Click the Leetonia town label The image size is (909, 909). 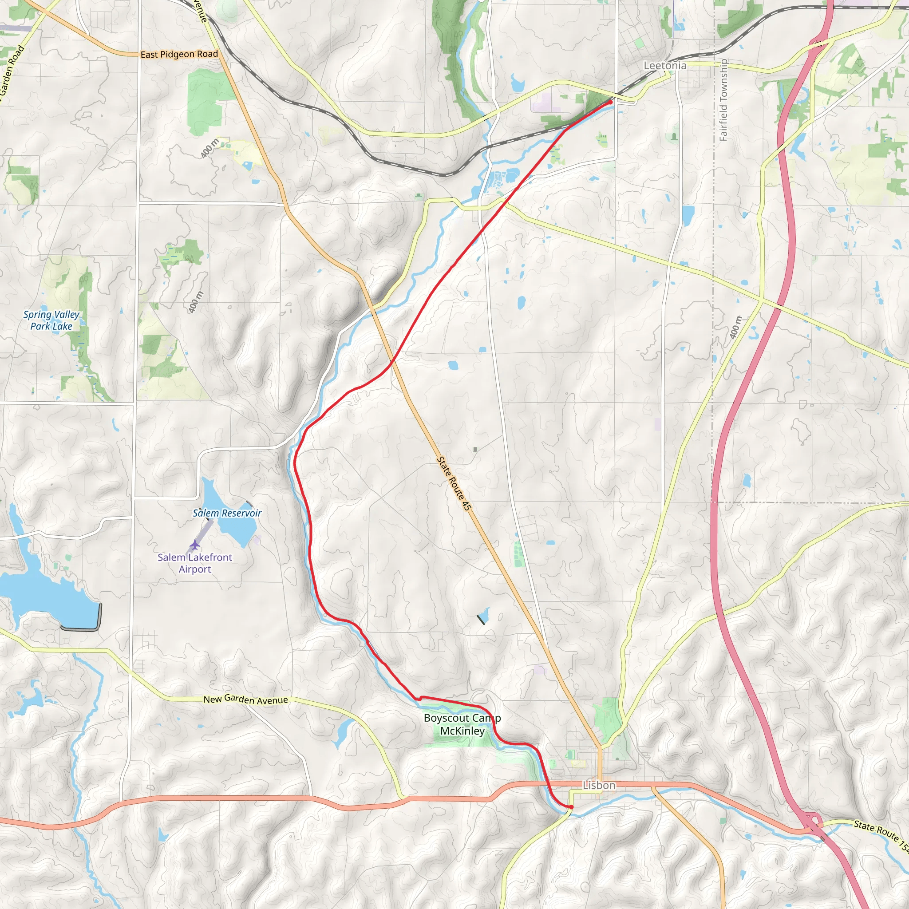tap(664, 66)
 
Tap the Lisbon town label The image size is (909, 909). tap(598, 785)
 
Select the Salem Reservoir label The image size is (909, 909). tap(227, 514)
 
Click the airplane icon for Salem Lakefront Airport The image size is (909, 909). tap(195, 545)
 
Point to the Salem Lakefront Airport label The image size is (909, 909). tap(195, 563)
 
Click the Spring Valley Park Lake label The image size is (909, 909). tap(51, 320)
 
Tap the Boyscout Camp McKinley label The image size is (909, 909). tap(462, 724)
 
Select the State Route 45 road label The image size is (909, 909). tap(454, 483)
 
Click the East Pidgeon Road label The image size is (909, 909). tap(179, 55)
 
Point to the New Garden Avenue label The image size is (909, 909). tap(245, 700)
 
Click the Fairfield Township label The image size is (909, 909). tap(723, 100)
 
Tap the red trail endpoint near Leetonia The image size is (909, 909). tap(610, 102)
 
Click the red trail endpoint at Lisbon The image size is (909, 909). tap(571, 807)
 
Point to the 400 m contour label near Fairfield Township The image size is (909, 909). tap(735, 328)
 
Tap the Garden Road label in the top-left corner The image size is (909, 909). tap(12, 71)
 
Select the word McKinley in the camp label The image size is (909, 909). tap(462, 731)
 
